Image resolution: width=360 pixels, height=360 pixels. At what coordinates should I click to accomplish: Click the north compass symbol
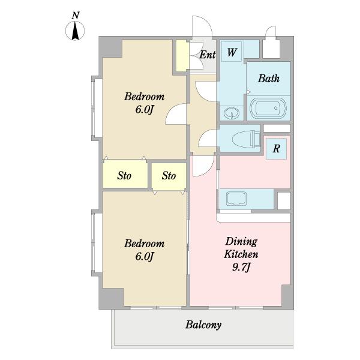[x=75, y=31]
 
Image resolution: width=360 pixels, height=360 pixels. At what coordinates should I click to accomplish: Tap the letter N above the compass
[x=76, y=16]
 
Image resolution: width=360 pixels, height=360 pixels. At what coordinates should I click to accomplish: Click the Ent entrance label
[x=208, y=55]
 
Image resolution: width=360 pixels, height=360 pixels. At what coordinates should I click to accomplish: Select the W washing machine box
[x=232, y=52]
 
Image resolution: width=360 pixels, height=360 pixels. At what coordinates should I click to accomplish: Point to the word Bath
[x=269, y=78]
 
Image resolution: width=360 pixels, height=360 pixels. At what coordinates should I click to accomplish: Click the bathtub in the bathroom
[x=268, y=108]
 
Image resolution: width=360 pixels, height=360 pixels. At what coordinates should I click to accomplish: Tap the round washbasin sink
[x=232, y=113]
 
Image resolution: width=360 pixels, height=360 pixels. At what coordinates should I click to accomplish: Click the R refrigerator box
[x=276, y=149]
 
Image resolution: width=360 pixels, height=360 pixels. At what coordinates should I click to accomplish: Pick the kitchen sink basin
[x=236, y=199]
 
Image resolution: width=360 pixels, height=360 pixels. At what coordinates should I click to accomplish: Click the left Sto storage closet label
[x=124, y=176]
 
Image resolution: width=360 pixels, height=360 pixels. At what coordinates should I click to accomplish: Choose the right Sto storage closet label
[x=169, y=176]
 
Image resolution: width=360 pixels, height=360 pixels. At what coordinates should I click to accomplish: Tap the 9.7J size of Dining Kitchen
[x=241, y=267]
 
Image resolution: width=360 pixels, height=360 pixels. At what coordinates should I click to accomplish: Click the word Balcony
[x=203, y=325]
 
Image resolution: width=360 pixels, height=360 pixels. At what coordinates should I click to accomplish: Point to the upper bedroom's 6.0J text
[x=144, y=109]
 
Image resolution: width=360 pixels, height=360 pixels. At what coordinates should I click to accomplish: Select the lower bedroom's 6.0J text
[x=144, y=256]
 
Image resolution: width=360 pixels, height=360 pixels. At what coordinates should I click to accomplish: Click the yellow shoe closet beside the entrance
[x=182, y=56]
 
